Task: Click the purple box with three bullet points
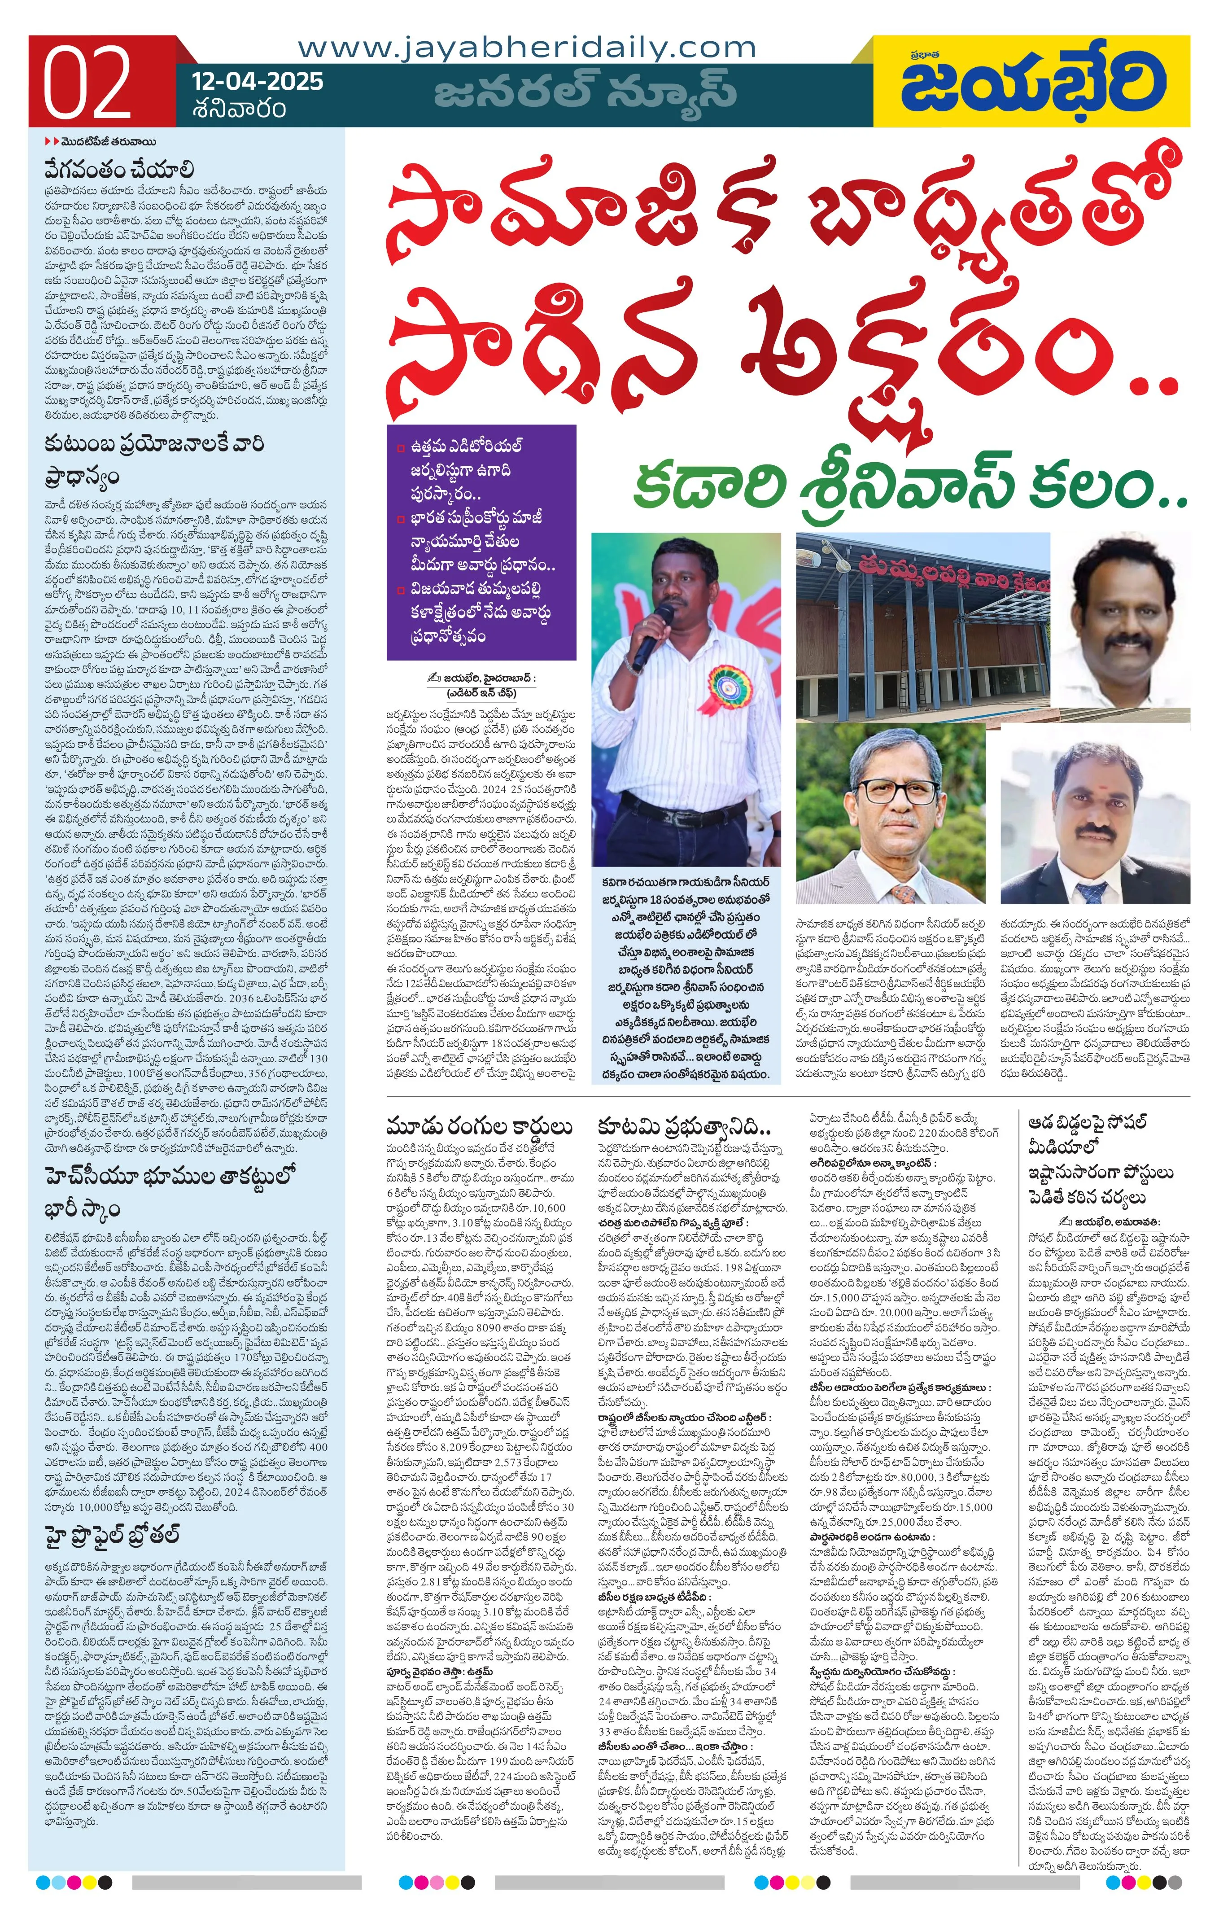(x=481, y=542)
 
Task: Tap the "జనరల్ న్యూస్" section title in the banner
(x=585, y=90)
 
